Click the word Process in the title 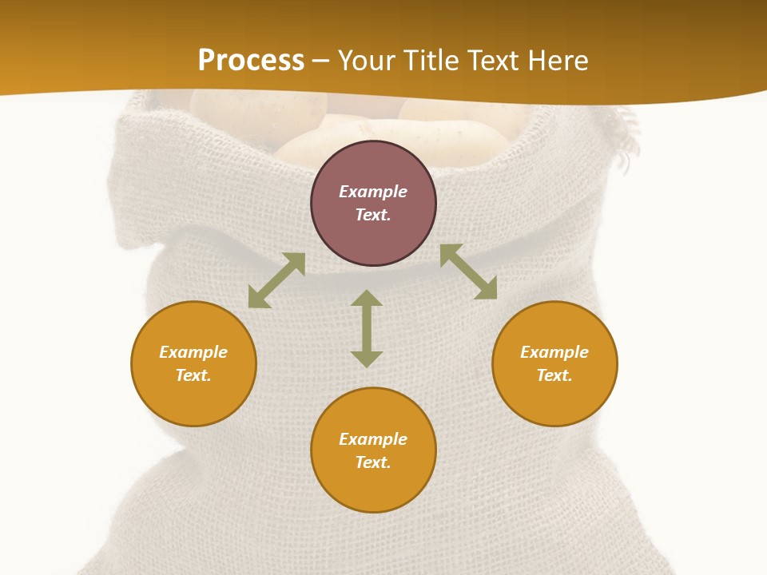[x=251, y=61]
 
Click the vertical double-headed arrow [x=367, y=328]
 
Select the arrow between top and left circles [x=276, y=280]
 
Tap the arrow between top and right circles [x=468, y=272]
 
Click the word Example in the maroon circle [x=373, y=192]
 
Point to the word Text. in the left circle [x=193, y=375]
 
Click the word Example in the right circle [x=554, y=352]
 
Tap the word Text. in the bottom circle [x=373, y=462]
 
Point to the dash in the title [x=321, y=61]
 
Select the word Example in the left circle [x=193, y=352]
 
